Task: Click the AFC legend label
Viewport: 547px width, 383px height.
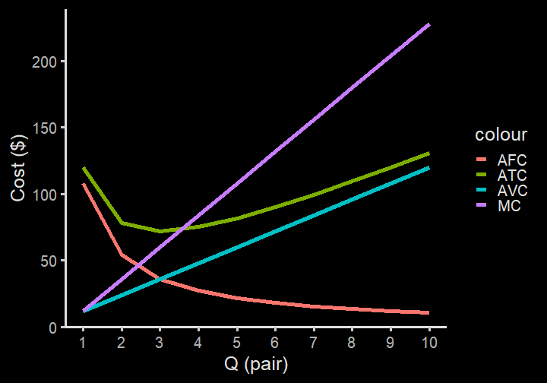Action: (512, 160)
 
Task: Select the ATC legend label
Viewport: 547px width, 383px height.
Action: (512, 176)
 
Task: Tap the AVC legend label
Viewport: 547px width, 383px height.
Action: (512, 191)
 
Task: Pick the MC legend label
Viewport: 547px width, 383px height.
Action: (509, 206)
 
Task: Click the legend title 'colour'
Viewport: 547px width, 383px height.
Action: (501, 135)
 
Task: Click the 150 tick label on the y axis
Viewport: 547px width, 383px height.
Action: (44, 128)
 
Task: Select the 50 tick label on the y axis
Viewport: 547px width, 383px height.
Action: (49, 261)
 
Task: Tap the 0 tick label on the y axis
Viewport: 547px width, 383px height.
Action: (52, 328)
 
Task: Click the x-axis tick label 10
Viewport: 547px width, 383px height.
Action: (429, 343)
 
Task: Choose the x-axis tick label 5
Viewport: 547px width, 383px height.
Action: (236, 343)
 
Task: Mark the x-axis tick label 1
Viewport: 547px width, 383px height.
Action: (83, 343)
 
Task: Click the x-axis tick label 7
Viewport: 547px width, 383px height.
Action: (313, 343)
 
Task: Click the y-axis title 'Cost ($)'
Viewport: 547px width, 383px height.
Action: (17, 168)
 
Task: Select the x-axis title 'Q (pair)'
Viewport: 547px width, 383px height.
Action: (256, 365)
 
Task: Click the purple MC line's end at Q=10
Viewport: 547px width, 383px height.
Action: (429, 25)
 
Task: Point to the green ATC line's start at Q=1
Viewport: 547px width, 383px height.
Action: (84, 168)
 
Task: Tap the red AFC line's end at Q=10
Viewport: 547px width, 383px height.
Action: (428, 312)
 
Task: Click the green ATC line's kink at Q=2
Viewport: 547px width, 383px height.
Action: (122, 223)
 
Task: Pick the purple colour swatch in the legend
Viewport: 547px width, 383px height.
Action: (482, 206)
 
